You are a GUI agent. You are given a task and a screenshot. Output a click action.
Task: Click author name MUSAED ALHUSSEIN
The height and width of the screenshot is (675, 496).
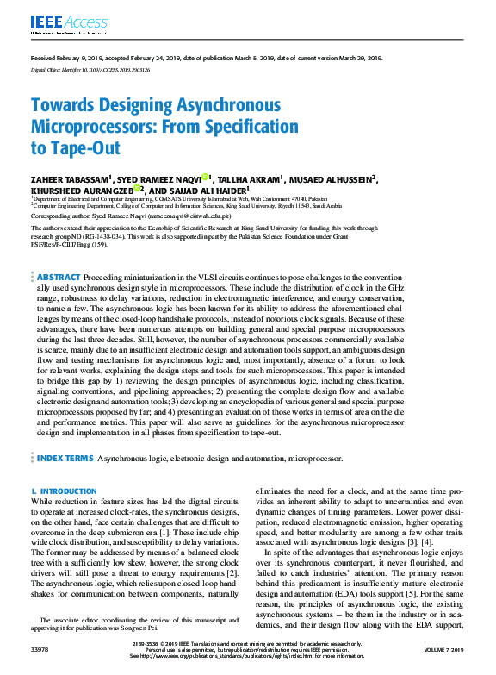(x=332, y=178)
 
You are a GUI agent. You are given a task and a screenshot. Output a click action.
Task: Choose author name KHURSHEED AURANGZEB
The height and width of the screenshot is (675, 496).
(x=74, y=190)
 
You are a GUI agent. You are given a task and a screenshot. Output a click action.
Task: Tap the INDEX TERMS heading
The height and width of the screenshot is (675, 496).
(x=65, y=458)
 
